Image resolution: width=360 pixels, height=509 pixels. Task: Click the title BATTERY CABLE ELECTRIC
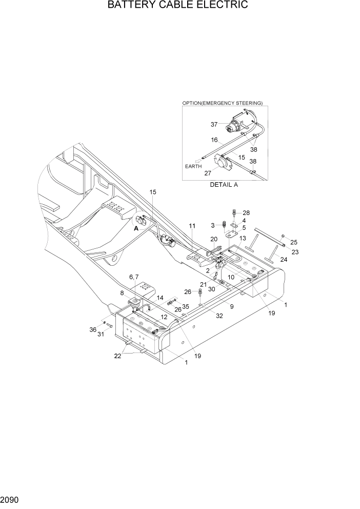[178, 5]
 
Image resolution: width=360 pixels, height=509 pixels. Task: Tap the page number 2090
[10, 498]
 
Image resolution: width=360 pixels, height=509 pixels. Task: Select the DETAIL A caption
[224, 185]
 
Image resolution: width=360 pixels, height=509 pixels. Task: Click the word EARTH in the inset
[194, 167]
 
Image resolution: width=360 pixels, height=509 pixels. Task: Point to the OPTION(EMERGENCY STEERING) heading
[222, 103]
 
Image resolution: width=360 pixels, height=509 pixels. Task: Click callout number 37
[214, 124]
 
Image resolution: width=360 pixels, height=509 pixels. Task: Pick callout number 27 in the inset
[208, 173]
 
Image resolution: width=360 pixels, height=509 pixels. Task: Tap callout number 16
[214, 140]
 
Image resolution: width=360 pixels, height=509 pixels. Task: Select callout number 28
[246, 212]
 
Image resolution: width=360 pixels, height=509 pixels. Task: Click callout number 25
[293, 242]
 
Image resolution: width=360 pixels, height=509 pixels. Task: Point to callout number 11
[192, 226]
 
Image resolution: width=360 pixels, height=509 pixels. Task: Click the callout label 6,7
[133, 277]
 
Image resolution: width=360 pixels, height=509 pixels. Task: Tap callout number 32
[219, 316]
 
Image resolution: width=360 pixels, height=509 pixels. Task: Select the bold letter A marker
[136, 229]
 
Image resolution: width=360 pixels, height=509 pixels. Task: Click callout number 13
[243, 238]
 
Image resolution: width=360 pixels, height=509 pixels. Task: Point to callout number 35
[185, 306]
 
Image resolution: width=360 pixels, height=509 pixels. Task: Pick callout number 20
[214, 239]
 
